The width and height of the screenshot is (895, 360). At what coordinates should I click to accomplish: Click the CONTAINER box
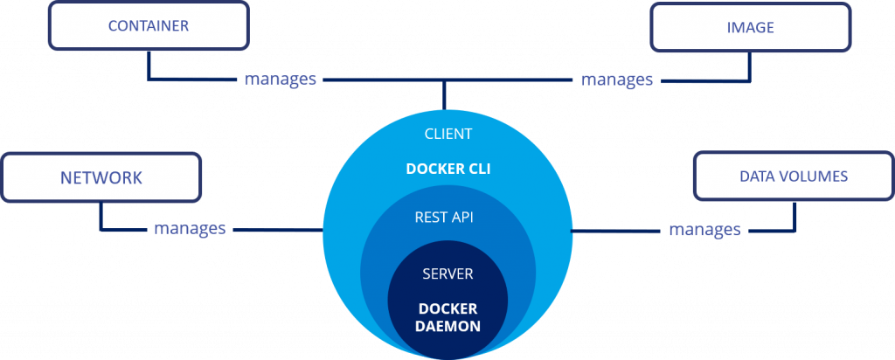pos(148,25)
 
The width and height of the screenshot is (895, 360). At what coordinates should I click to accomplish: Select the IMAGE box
pos(751,27)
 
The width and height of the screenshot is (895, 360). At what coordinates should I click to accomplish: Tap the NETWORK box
pos(101,178)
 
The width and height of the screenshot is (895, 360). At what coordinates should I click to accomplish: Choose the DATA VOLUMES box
pos(794,177)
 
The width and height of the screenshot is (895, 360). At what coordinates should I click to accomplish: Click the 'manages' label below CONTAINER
pos(281,80)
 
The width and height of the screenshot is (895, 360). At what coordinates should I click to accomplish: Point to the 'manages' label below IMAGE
pos(617,80)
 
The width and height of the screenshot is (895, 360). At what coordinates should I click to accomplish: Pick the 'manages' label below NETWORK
pos(190,229)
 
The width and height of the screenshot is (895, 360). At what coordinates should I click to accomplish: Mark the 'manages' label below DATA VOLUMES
pos(704,230)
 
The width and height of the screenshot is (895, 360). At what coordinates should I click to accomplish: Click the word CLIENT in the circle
pos(447,134)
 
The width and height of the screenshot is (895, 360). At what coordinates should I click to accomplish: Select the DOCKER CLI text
pos(447,168)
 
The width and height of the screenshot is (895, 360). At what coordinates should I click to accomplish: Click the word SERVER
pos(447,274)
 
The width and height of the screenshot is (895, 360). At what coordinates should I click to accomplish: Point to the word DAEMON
pos(447,326)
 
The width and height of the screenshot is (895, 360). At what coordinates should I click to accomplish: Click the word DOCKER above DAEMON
pos(447,308)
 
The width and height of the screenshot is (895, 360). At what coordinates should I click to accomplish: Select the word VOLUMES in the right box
pos(814,177)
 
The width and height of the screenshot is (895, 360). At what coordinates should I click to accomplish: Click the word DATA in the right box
pos(757,177)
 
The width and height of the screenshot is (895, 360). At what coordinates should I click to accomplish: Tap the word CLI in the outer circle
pos(477,168)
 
